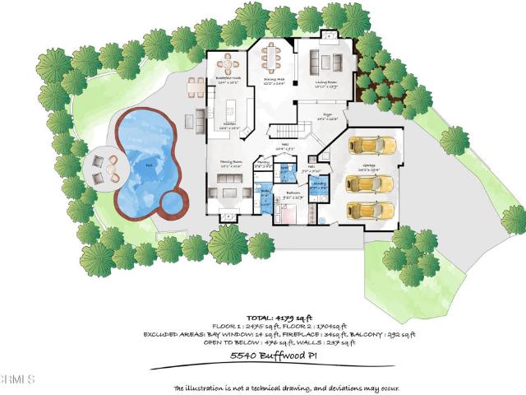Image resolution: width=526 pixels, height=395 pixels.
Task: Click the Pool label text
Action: [x=149, y=165]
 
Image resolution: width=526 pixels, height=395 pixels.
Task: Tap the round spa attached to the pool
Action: [x=170, y=199]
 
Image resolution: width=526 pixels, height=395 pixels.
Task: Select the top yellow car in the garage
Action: [x=373, y=146]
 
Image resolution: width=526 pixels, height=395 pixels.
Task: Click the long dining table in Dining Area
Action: [x=271, y=58]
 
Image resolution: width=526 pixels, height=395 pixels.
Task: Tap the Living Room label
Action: [x=327, y=83]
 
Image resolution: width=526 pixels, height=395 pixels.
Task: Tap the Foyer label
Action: [x=326, y=117]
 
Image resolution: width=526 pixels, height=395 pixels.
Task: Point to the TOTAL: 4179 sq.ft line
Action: [x=263, y=318]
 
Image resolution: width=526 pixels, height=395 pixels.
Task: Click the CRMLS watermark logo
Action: [x=16, y=380]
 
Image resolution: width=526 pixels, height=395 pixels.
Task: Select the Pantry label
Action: [x=263, y=163]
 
